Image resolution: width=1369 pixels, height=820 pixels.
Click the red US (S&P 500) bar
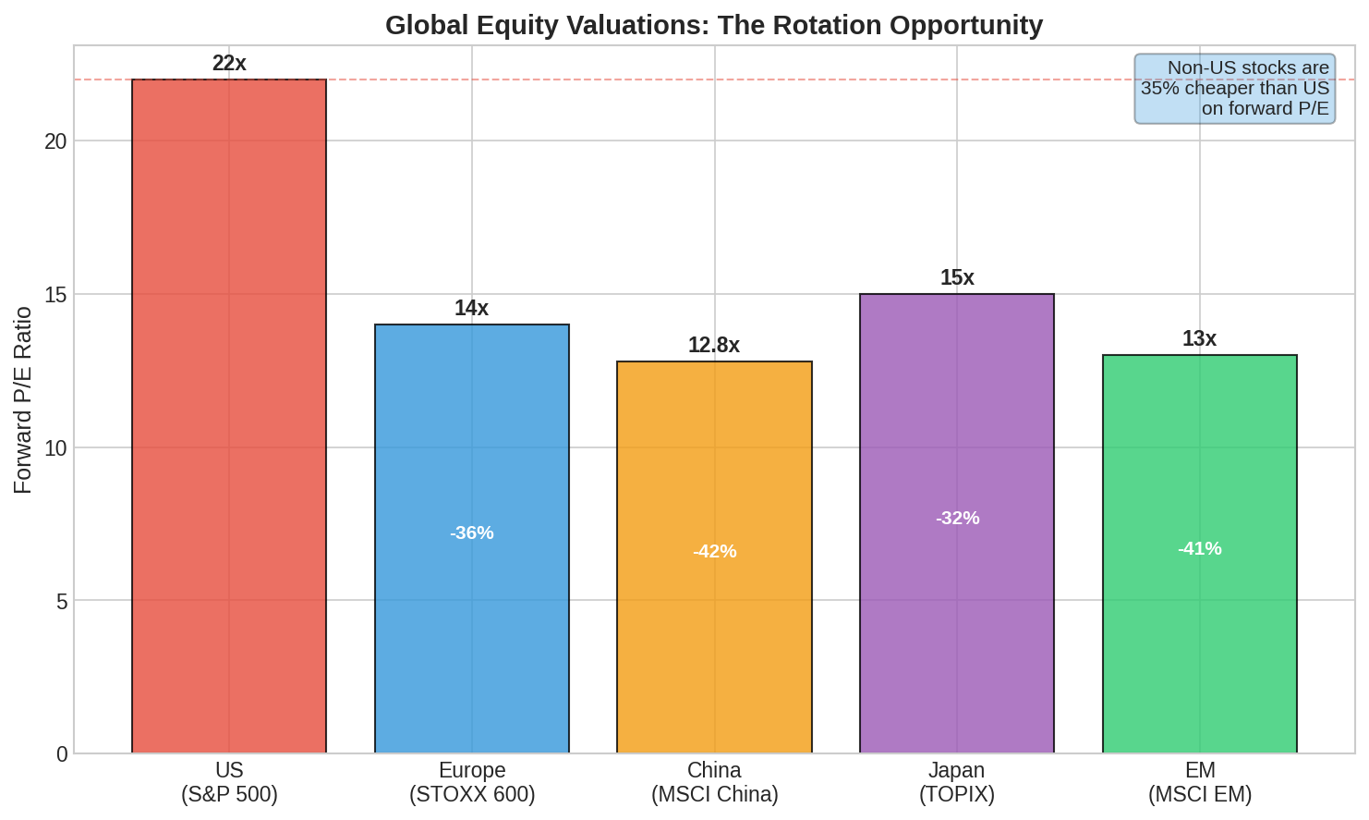229,416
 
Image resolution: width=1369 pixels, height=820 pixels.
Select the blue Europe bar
472,538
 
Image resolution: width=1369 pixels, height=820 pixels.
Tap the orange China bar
714,557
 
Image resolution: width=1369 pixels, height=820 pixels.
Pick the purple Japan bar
957,523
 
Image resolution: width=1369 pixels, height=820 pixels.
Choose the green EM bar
1200,554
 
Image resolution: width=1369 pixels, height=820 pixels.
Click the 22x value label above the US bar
229,63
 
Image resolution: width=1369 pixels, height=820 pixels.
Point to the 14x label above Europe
471,308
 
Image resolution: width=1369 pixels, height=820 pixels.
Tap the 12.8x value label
714,346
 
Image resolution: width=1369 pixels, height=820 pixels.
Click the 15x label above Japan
957,277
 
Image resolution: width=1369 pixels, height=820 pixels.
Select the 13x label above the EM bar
1199,338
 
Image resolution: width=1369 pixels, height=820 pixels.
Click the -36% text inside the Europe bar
472,533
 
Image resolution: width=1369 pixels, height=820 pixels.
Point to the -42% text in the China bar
714,552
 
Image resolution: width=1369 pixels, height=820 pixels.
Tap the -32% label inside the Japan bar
958,518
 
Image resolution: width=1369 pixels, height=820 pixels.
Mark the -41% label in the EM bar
1200,548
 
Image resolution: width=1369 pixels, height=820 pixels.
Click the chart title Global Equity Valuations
714,26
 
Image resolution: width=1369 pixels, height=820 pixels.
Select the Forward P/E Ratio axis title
22,400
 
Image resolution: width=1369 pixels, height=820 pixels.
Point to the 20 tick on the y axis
55,141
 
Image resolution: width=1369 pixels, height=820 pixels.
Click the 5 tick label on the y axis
62,602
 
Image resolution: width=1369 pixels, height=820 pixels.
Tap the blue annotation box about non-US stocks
1234,89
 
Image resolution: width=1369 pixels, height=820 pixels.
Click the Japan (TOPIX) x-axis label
957,782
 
